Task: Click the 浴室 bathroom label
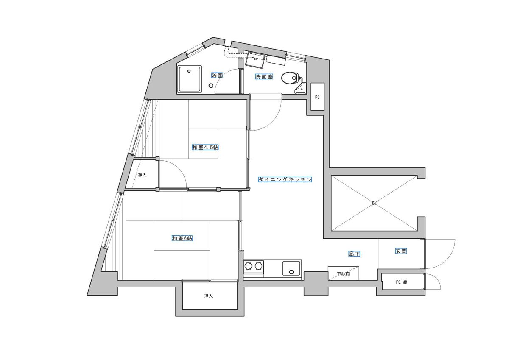[x=217, y=75]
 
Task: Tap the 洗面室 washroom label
[x=264, y=77]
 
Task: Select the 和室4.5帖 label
[x=205, y=147]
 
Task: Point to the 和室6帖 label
[x=182, y=238]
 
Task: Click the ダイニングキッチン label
[x=285, y=179]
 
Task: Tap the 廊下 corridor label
[x=354, y=254]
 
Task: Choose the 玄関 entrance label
[x=401, y=251]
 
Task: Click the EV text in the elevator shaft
[x=374, y=204]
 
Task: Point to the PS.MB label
[x=401, y=282]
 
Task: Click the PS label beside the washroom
[x=317, y=97]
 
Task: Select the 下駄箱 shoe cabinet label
[x=343, y=273]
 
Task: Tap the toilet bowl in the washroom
[x=289, y=78]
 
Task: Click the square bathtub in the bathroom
[x=189, y=79]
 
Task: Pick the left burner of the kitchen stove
[x=249, y=265]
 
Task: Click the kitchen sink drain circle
[x=291, y=272]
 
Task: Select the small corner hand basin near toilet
[x=300, y=89]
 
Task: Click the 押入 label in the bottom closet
[x=208, y=296]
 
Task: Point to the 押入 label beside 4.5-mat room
[x=142, y=175]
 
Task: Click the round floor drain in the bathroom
[x=211, y=86]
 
